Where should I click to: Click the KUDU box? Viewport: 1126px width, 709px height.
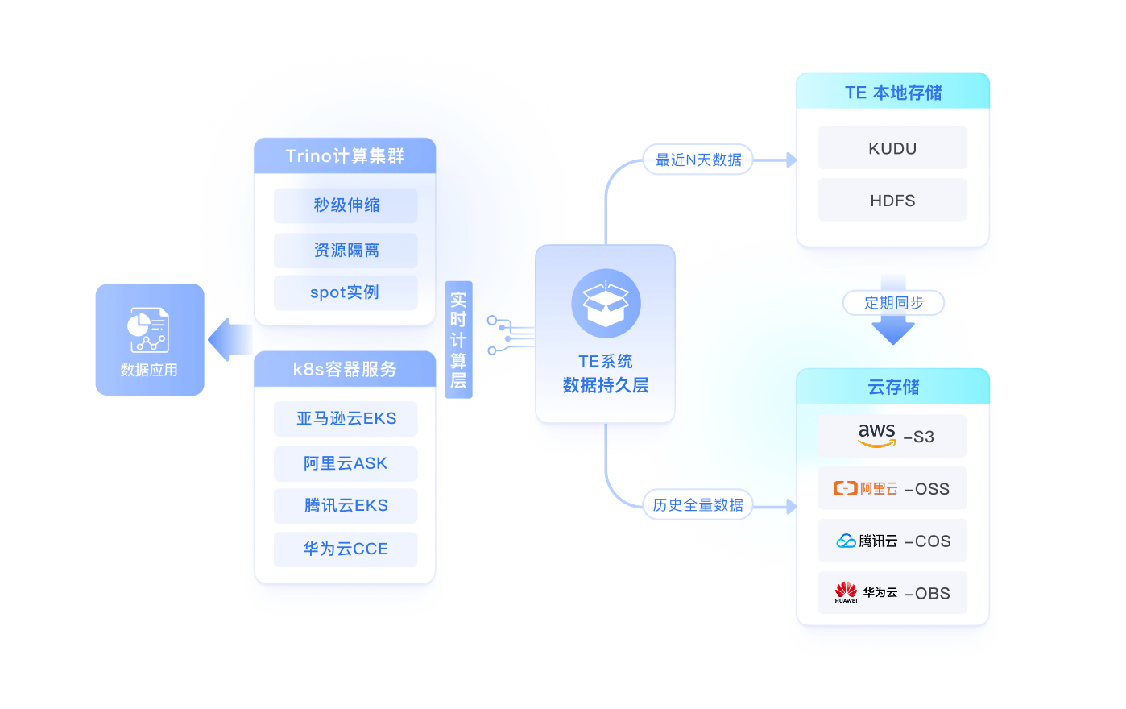point(892,148)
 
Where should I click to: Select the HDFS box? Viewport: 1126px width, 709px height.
point(892,201)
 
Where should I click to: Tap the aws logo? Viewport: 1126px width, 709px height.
point(876,435)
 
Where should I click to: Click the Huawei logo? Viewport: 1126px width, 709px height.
point(846,592)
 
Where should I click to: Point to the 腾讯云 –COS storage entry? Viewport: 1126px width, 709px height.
point(892,541)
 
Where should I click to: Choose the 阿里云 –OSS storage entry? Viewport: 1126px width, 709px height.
point(892,488)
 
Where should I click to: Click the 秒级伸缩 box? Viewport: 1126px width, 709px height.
point(346,205)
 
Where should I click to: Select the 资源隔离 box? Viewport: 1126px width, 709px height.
point(346,251)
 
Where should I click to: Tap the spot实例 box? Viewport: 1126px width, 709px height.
point(346,292)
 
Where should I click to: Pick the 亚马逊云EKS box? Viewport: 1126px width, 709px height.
point(346,419)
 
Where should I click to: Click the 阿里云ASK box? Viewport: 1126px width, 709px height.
point(346,463)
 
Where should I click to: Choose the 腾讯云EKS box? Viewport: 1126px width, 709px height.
point(346,506)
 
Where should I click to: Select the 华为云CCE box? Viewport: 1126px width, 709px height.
point(346,549)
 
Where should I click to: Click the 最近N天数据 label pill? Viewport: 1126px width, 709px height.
point(698,160)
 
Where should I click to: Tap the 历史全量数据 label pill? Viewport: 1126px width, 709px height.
point(698,505)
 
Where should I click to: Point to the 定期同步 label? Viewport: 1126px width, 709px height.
point(893,303)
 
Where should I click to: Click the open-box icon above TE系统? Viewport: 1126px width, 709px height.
point(606,303)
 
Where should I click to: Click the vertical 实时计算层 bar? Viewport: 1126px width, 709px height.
point(458,339)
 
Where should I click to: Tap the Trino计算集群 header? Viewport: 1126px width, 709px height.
point(345,155)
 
